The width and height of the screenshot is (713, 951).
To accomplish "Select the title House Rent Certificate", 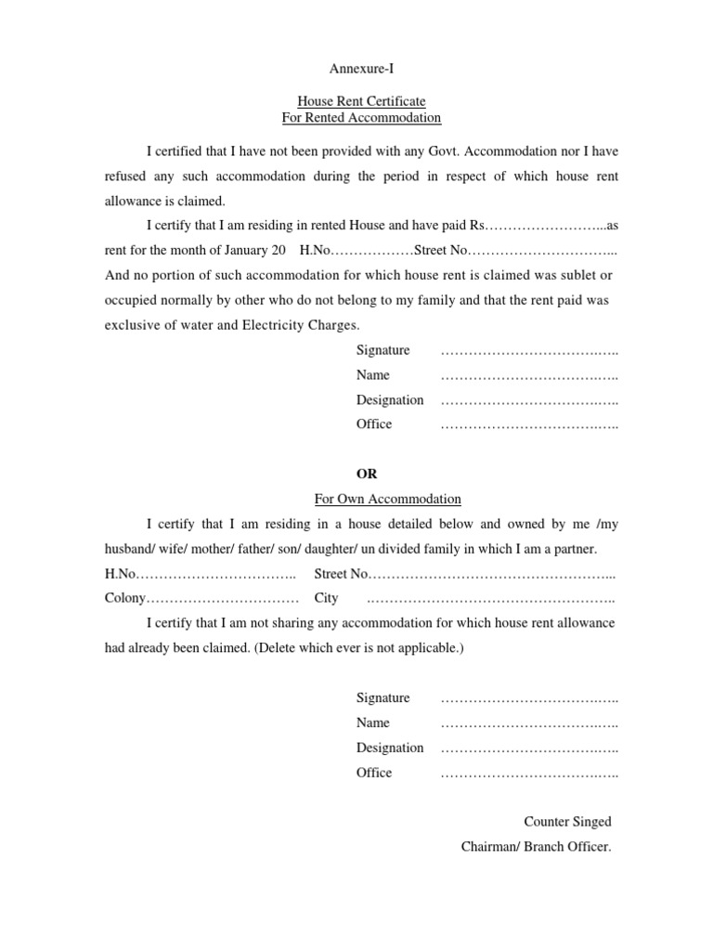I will click(361, 101).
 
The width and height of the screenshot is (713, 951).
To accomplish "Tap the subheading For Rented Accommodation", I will click(361, 118).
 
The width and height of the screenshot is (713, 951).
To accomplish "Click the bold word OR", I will click(368, 474).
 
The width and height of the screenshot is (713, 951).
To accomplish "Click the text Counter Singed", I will click(567, 822).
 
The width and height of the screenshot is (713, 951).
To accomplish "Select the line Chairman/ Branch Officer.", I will click(536, 846).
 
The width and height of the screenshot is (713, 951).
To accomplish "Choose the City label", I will click(326, 598).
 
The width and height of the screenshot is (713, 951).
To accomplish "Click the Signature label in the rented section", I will click(382, 350).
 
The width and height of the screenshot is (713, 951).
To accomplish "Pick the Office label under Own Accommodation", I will click(374, 773).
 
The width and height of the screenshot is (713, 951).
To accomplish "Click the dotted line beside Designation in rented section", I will click(529, 400).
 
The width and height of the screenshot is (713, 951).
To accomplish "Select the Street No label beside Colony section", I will click(342, 574).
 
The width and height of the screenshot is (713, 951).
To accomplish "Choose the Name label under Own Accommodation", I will click(372, 723).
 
